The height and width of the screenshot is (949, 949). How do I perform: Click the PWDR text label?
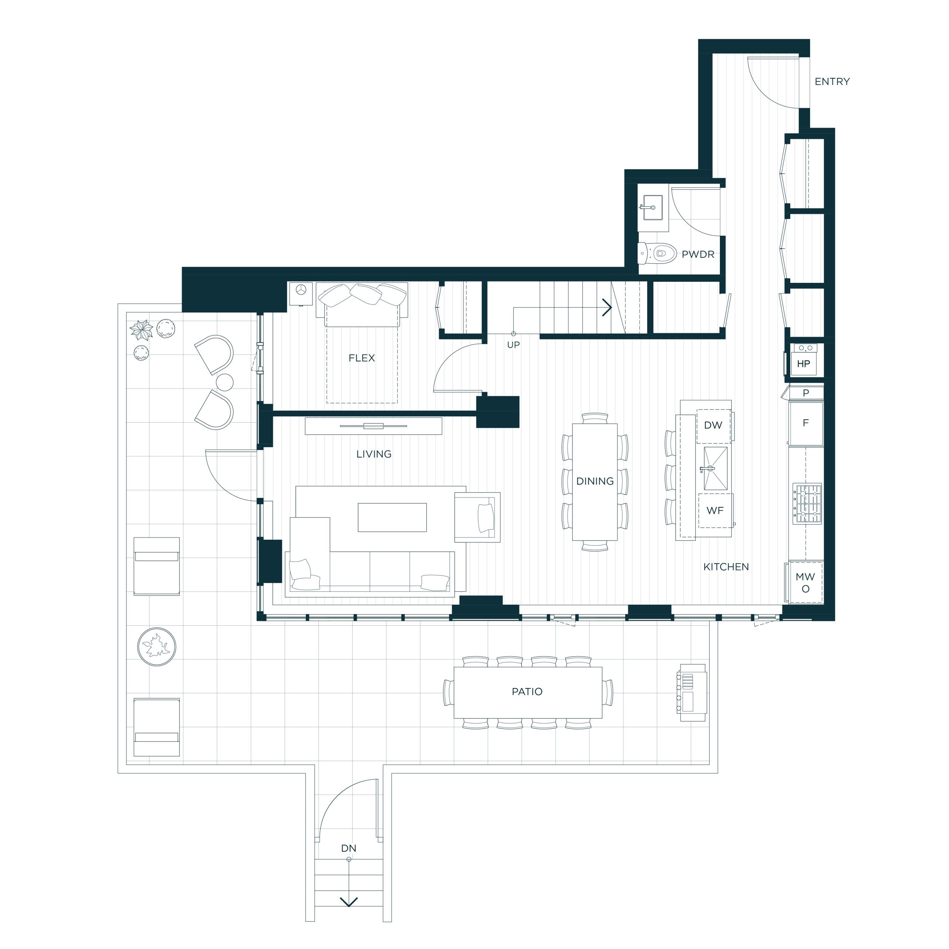[698, 254]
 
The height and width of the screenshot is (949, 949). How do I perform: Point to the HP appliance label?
[804, 364]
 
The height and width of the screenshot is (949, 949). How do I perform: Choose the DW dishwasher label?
[713, 425]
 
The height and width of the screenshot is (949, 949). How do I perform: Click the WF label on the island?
[715, 510]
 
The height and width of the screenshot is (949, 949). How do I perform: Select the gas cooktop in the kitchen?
[807, 503]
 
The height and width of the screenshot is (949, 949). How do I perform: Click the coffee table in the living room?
[392, 517]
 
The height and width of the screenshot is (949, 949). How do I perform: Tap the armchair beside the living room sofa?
[477, 517]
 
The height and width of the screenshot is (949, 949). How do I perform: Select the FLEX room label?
[361, 358]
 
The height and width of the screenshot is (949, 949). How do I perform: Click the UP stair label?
[513, 345]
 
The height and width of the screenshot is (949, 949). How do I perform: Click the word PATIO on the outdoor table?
[527, 692]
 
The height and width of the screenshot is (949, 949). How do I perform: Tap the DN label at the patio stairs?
[349, 848]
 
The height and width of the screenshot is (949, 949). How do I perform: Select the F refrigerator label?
[806, 423]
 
